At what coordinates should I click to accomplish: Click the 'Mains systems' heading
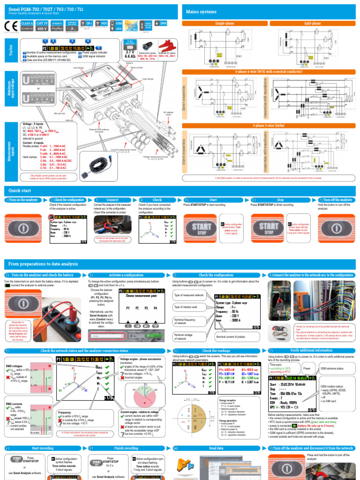202,12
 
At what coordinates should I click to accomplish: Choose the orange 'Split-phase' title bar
312,23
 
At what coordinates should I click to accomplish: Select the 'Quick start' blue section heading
20,190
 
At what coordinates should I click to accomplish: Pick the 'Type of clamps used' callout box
186,307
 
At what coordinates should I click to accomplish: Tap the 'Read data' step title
216,448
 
